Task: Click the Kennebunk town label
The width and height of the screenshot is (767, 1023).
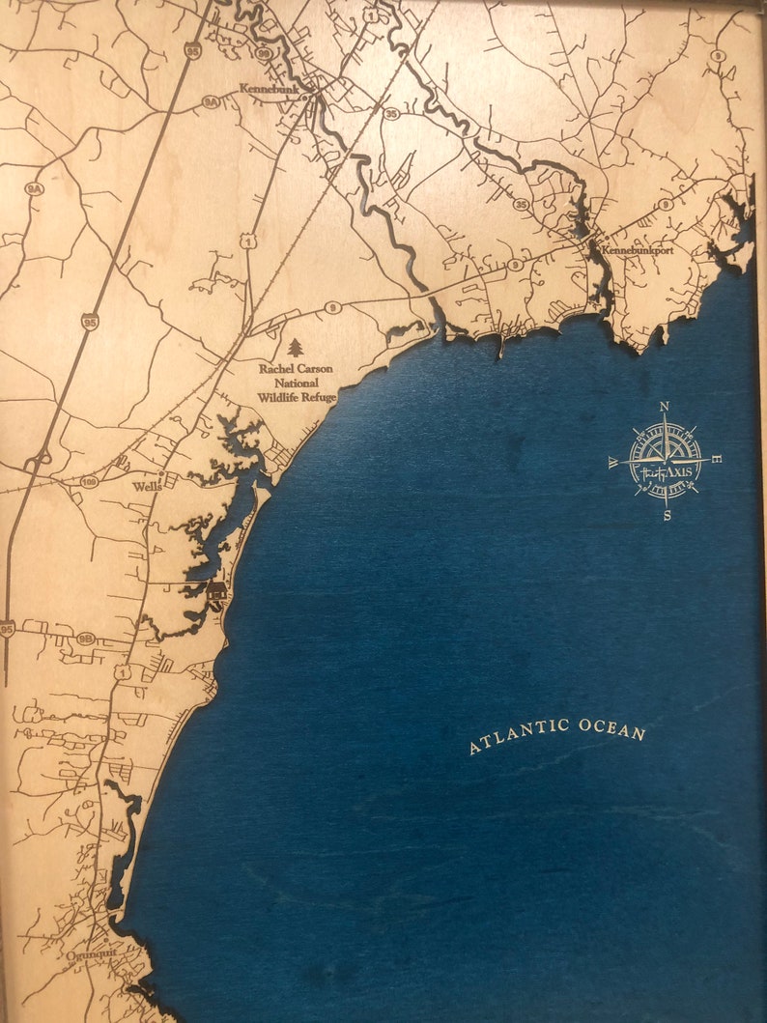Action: point(270,88)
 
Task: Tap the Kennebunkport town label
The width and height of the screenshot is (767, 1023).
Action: point(637,250)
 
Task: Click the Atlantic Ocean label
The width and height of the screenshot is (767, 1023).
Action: point(557,735)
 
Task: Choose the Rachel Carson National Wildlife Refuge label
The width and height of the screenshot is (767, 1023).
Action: point(297,383)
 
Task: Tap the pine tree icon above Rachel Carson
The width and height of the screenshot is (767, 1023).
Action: point(296,347)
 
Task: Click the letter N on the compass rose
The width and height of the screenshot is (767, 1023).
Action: point(665,407)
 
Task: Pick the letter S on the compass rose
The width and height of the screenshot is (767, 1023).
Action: point(667,516)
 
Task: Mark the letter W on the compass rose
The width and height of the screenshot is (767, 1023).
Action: point(613,464)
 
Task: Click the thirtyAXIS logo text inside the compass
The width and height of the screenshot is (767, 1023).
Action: point(665,471)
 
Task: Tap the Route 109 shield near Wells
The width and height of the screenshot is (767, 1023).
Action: point(91,480)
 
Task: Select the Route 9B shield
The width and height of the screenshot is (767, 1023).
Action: point(85,639)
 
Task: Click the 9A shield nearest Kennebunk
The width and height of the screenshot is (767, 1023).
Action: point(210,100)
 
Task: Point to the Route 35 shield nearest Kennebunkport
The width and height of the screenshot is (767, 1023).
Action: point(521,205)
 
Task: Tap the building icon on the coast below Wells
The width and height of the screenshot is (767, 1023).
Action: point(217,590)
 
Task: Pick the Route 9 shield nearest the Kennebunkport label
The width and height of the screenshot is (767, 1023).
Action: point(666,204)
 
